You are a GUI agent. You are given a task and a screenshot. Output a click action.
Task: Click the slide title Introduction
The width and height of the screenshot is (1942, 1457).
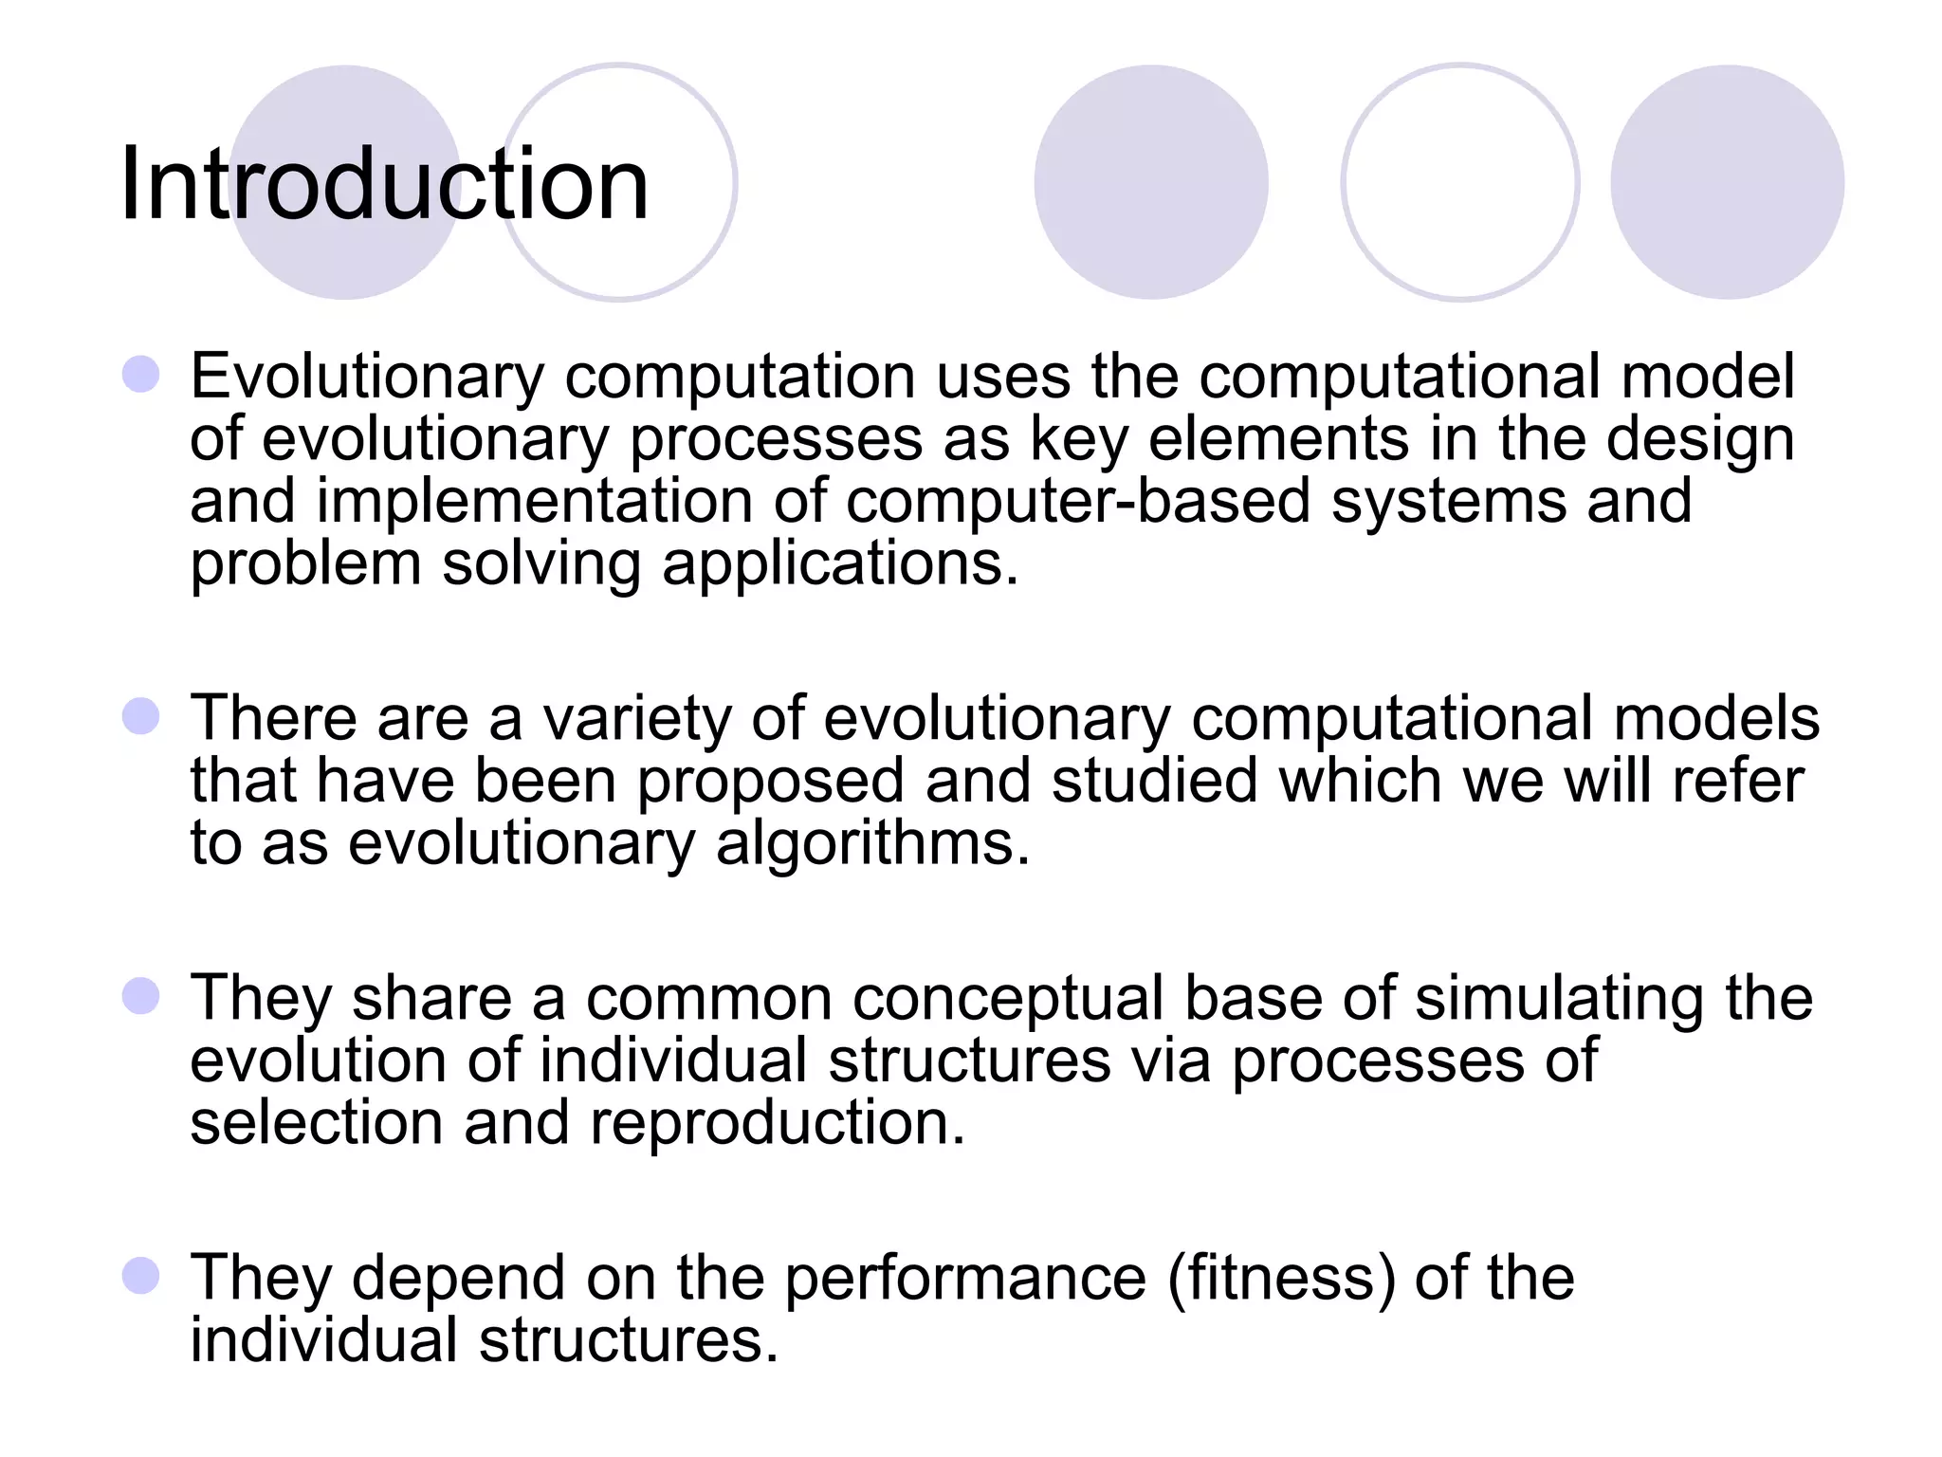(384, 184)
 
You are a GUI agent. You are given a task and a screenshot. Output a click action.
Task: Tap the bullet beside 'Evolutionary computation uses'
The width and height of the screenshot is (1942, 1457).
(140, 375)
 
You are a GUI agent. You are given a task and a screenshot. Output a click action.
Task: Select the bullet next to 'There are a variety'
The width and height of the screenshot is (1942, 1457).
(140, 716)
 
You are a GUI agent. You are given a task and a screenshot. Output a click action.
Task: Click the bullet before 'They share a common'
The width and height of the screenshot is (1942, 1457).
(140, 997)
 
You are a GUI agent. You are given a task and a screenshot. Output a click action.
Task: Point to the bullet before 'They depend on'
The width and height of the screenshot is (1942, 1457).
(140, 1276)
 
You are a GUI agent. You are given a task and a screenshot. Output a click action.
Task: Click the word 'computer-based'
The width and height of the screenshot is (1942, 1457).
(1077, 501)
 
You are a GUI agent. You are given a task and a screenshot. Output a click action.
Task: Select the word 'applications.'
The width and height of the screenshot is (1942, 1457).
(840, 564)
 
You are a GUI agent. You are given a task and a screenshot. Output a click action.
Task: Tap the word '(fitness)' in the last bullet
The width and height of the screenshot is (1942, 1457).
(1281, 1278)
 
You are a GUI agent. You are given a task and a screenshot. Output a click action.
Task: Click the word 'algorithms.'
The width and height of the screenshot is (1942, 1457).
(872, 843)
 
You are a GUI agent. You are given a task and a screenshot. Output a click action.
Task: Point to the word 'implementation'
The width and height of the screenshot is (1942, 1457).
(534, 501)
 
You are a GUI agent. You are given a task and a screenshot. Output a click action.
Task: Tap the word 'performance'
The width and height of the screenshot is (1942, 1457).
(965, 1278)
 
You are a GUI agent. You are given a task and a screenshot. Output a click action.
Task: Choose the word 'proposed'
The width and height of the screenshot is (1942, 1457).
(770, 782)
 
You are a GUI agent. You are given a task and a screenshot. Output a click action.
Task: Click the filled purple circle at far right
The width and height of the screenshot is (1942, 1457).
(1727, 182)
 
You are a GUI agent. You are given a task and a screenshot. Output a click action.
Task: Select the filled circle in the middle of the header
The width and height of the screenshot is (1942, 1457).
(1150, 182)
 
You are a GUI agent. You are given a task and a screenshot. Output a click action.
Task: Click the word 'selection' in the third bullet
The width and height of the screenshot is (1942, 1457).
(317, 1123)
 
